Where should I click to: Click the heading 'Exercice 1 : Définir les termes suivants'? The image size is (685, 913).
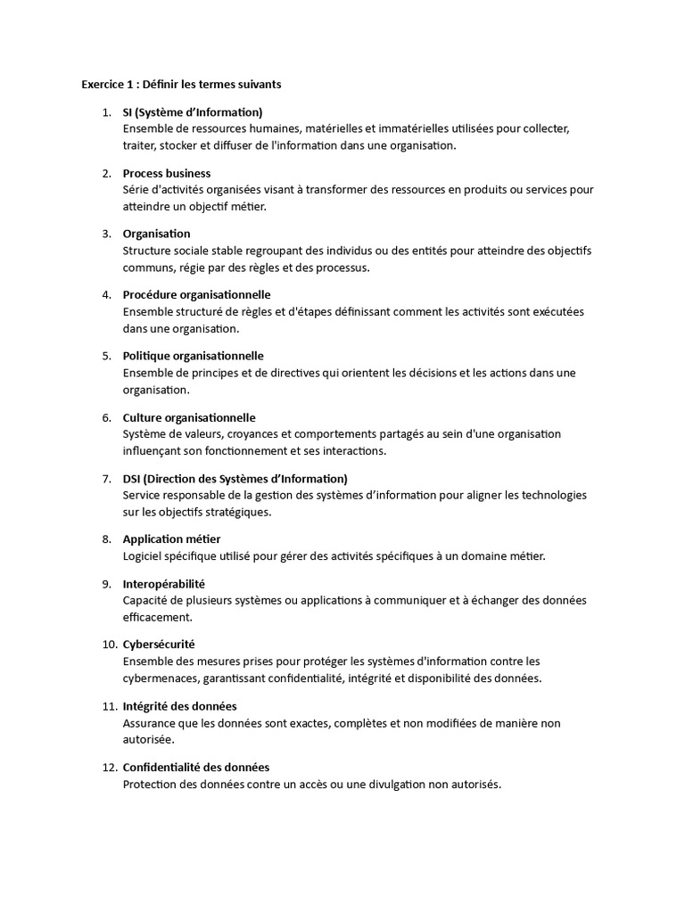pyautogui.click(x=181, y=85)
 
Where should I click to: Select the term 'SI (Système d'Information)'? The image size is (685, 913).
pyautogui.click(x=193, y=112)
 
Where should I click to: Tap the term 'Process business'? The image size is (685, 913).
pyautogui.click(x=167, y=173)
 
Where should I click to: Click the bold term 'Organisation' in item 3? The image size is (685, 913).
pyautogui.click(x=156, y=234)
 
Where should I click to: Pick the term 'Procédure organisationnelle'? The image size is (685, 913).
pyautogui.click(x=196, y=294)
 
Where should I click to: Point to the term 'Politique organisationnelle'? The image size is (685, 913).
pyautogui.click(x=194, y=356)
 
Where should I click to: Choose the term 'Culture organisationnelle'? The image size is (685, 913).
pyautogui.click(x=189, y=417)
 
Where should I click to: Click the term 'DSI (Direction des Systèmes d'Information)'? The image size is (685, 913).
pyautogui.click(x=235, y=479)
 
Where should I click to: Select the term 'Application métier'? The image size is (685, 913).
pyautogui.click(x=171, y=539)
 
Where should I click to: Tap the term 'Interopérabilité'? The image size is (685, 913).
pyautogui.click(x=164, y=583)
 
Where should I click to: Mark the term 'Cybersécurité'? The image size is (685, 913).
pyautogui.click(x=159, y=644)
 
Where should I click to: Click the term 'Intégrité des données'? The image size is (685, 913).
pyautogui.click(x=179, y=706)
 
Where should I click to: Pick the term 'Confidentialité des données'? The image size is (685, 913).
pyautogui.click(x=196, y=767)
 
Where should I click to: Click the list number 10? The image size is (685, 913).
pyautogui.click(x=109, y=644)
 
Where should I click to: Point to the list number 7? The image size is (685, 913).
pyautogui.click(x=106, y=479)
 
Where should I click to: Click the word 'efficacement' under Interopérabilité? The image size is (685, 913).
pyautogui.click(x=156, y=617)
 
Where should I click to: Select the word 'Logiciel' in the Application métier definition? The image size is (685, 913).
pyautogui.click(x=144, y=556)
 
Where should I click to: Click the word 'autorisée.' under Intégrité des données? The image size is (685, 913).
pyautogui.click(x=149, y=740)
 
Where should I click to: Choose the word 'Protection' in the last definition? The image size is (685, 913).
pyautogui.click(x=151, y=785)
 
